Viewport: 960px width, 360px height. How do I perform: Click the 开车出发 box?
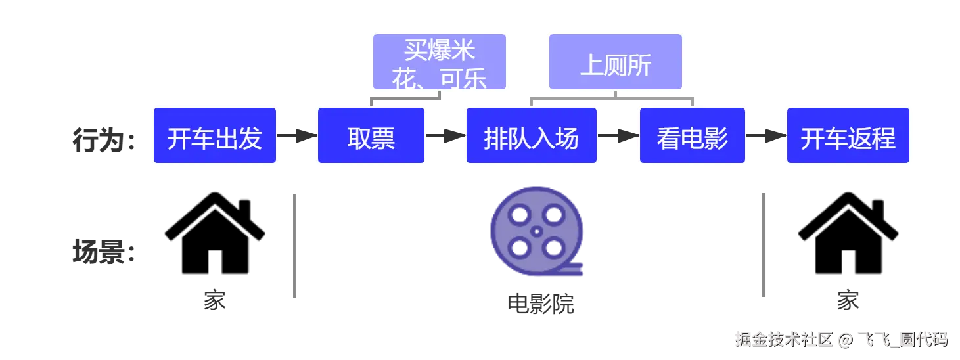coord(215,137)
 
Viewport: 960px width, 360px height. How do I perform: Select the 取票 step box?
coord(371,137)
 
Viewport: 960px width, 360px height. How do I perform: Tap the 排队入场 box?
coord(531,137)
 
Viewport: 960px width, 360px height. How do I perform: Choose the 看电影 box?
coord(693,137)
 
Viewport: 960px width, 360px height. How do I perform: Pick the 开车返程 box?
coord(848,137)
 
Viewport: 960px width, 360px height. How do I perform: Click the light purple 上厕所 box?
coord(616,62)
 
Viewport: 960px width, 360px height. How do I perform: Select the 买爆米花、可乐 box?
coord(440,62)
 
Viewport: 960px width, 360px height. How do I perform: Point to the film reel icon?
coord(536,231)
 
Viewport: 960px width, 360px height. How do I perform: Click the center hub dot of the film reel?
coord(537,231)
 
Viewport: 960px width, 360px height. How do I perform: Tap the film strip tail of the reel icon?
coord(570,269)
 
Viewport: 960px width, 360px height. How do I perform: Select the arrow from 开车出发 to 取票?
coord(298,135)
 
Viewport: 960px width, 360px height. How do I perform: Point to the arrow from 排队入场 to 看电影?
coord(618,135)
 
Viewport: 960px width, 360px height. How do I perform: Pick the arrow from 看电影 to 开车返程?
coord(766,135)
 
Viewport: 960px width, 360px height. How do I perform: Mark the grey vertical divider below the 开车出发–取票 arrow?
coord(294,246)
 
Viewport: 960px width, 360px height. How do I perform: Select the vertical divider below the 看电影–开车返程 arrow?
coord(764,244)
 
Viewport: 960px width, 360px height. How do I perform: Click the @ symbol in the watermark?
coord(845,340)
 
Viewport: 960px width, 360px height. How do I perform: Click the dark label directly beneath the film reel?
coord(541,303)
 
